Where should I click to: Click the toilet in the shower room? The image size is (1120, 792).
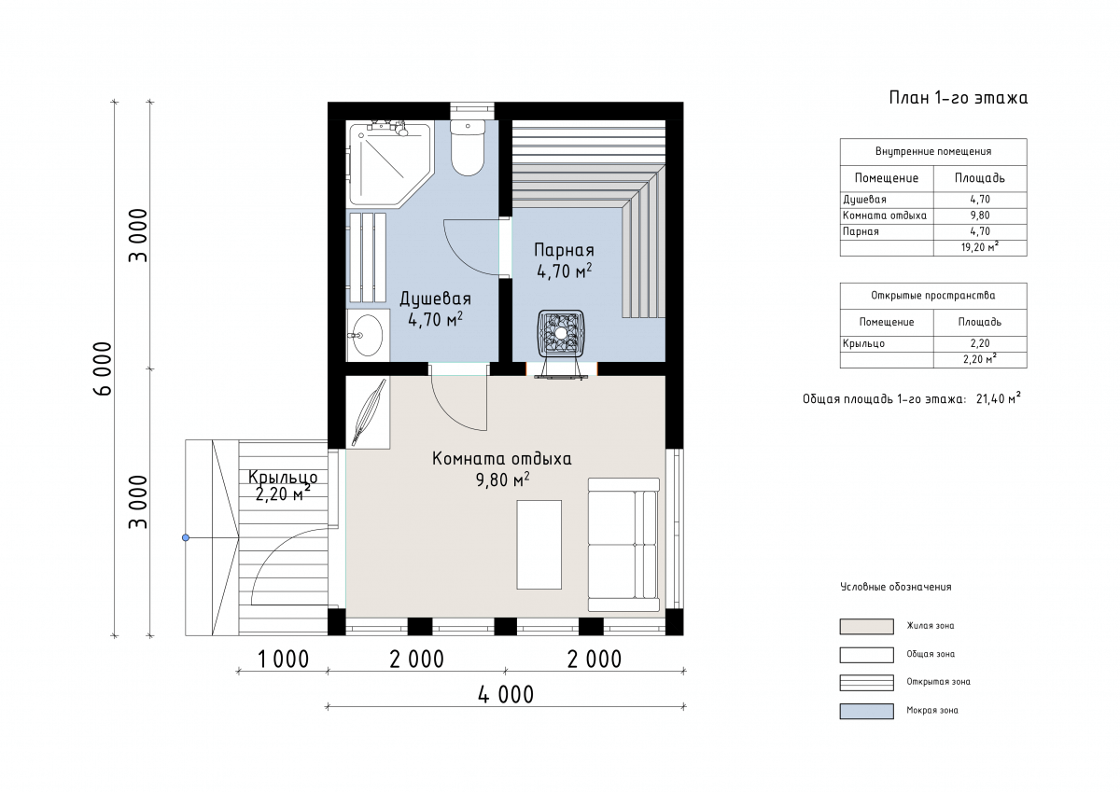tap(468, 147)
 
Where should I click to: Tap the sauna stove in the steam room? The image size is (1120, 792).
tap(561, 334)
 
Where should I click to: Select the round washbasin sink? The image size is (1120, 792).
tap(368, 335)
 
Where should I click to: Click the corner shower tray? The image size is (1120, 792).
tap(387, 163)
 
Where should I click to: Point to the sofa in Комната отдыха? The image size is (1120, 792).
tap(623, 545)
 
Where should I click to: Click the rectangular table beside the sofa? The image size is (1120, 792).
tap(539, 545)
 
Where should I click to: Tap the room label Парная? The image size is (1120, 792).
tap(564, 250)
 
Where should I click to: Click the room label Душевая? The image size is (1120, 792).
tap(435, 299)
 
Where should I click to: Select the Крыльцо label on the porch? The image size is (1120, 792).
tap(283, 478)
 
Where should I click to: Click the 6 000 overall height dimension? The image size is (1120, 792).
tap(103, 368)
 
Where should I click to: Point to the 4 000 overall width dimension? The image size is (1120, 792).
tap(506, 695)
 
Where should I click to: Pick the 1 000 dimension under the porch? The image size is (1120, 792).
tap(283, 660)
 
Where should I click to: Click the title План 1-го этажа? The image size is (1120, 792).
tap(958, 98)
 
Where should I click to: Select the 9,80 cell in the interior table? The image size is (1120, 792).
tap(980, 215)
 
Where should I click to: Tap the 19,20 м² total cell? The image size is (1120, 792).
tap(980, 247)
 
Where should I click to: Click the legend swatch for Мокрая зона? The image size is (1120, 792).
tap(866, 711)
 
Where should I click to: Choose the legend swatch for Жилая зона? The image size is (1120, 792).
tap(866, 627)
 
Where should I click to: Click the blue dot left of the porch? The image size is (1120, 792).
tap(186, 537)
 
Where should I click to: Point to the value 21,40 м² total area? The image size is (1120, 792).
tap(998, 399)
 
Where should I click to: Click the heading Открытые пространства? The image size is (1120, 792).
tap(933, 296)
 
